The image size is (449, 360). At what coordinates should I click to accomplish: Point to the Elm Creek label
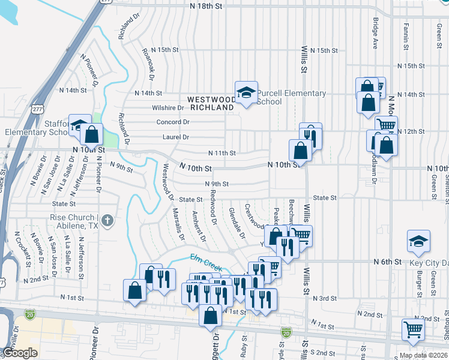point(206,262)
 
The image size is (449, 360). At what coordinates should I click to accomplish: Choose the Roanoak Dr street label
point(148,65)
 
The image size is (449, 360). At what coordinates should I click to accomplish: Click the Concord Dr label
point(173,122)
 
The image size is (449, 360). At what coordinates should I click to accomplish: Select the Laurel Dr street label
point(175,137)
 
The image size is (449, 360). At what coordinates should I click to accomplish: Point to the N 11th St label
point(221,153)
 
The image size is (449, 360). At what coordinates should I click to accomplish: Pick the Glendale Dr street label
point(237,223)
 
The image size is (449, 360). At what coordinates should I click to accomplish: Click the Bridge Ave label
point(375,33)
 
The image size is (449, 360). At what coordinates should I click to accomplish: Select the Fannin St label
point(406,36)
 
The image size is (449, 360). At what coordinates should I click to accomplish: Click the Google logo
point(20,353)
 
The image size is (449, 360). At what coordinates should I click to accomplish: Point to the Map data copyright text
point(423,355)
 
